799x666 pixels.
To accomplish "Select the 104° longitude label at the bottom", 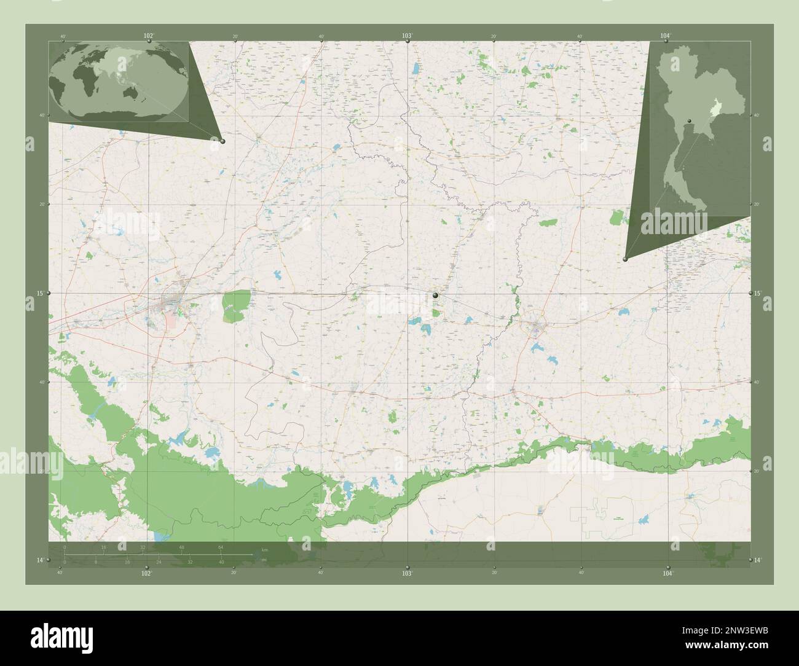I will pyautogui.click(x=668, y=573).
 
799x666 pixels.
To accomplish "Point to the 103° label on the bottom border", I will pyautogui.click(x=407, y=573).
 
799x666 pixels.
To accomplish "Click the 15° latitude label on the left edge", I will pyautogui.click(x=40, y=294).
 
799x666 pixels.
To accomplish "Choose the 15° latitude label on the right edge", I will pyautogui.click(x=758, y=294).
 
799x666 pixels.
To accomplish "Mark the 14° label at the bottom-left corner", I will pyautogui.click(x=40, y=560).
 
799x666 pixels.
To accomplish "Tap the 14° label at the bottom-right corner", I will pyautogui.click(x=758, y=560).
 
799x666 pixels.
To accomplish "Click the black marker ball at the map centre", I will pyautogui.click(x=435, y=296).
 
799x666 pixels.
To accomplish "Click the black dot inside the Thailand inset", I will pyautogui.click(x=690, y=120).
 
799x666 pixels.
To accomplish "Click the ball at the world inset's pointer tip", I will pyautogui.click(x=222, y=141).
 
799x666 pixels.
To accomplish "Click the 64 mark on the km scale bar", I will pyautogui.click(x=220, y=547).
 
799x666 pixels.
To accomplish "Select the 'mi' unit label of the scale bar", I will pyautogui.click(x=264, y=560).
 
